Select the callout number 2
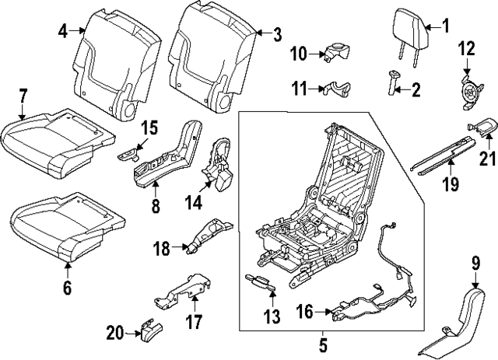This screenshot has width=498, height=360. (416, 90)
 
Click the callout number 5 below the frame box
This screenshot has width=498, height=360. (324, 339)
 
